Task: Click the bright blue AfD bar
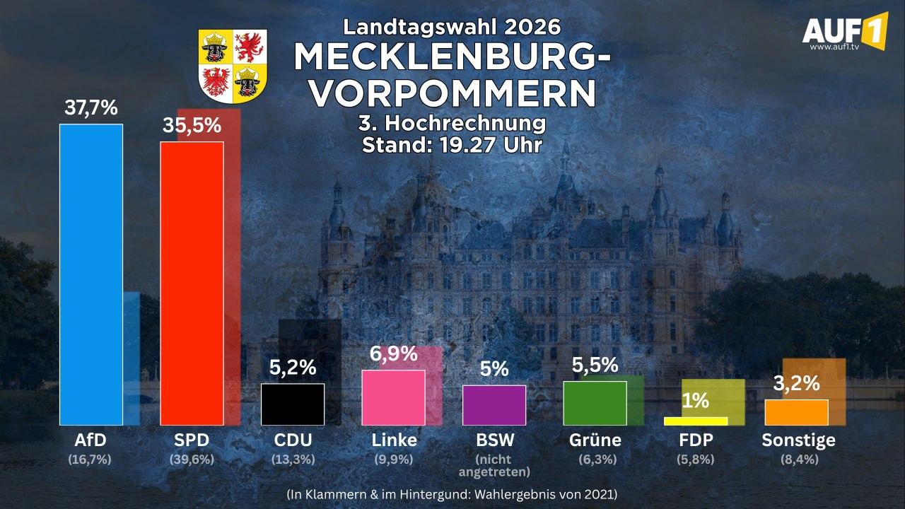click(91, 275)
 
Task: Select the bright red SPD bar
click(192, 283)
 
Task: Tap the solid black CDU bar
click(293, 404)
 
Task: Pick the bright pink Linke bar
click(394, 397)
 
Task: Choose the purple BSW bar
click(494, 405)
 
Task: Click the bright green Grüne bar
click(595, 403)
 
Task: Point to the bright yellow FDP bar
click(696, 421)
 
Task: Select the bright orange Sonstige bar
click(796, 412)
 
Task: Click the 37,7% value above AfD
click(91, 108)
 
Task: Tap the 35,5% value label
click(192, 125)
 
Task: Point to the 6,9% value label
click(394, 354)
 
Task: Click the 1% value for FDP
click(696, 401)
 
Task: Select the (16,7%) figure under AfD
click(90, 460)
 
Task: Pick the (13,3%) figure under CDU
click(293, 460)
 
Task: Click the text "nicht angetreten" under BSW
click(494, 465)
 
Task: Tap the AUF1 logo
click(845, 32)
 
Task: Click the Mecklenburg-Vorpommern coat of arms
click(233, 66)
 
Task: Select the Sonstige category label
click(798, 440)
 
